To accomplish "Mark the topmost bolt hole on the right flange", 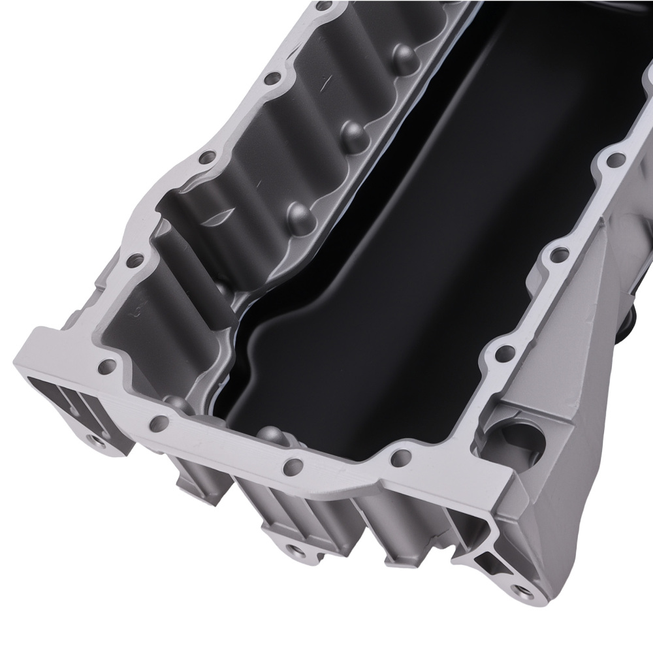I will pos(614,159).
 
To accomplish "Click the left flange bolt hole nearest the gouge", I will pos(208,158).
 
